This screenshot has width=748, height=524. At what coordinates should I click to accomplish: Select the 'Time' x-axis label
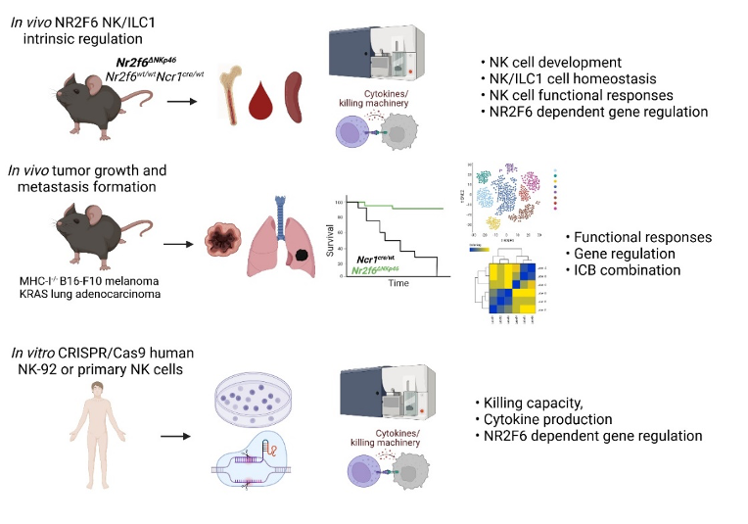[397, 283]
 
